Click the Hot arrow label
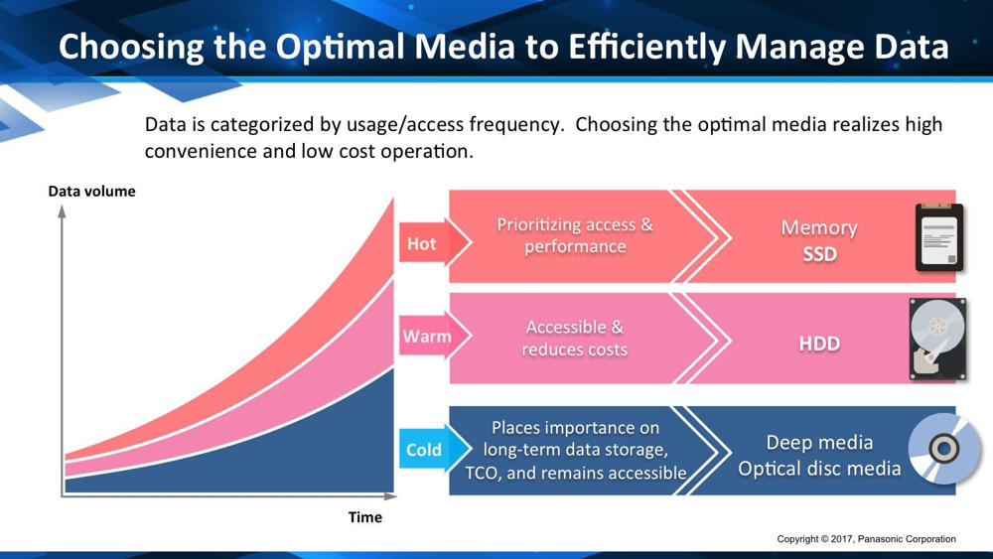pyautogui.click(x=435, y=242)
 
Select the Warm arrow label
pyautogui.click(x=435, y=335)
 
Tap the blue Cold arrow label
pyautogui.click(x=435, y=449)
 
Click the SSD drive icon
pyautogui.click(x=939, y=238)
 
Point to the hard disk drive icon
pyautogui.click(x=938, y=340)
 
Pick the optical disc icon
pyautogui.click(x=943, y=448)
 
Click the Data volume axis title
pyautogui.click(x=91, y=192)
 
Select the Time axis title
pyautogui.click(x=365, y=517)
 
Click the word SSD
pyautogui.click(x=819, y=254)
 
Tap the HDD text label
pyautogui.click(x=819, y=344)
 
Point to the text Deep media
pyautogui.click(x=819, y=442)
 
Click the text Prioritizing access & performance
pyautogui.click(x=574, y=235)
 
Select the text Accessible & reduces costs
pyautogui.click(x=574, y=338)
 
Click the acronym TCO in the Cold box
pyautogui.click(x=483, y=473)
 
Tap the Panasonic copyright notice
pyautogui.click(x=866, y=539)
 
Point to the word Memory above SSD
pyautogui.click(x=819, y=228)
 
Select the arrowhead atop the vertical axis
pyautogui.click(x=62, y=211)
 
